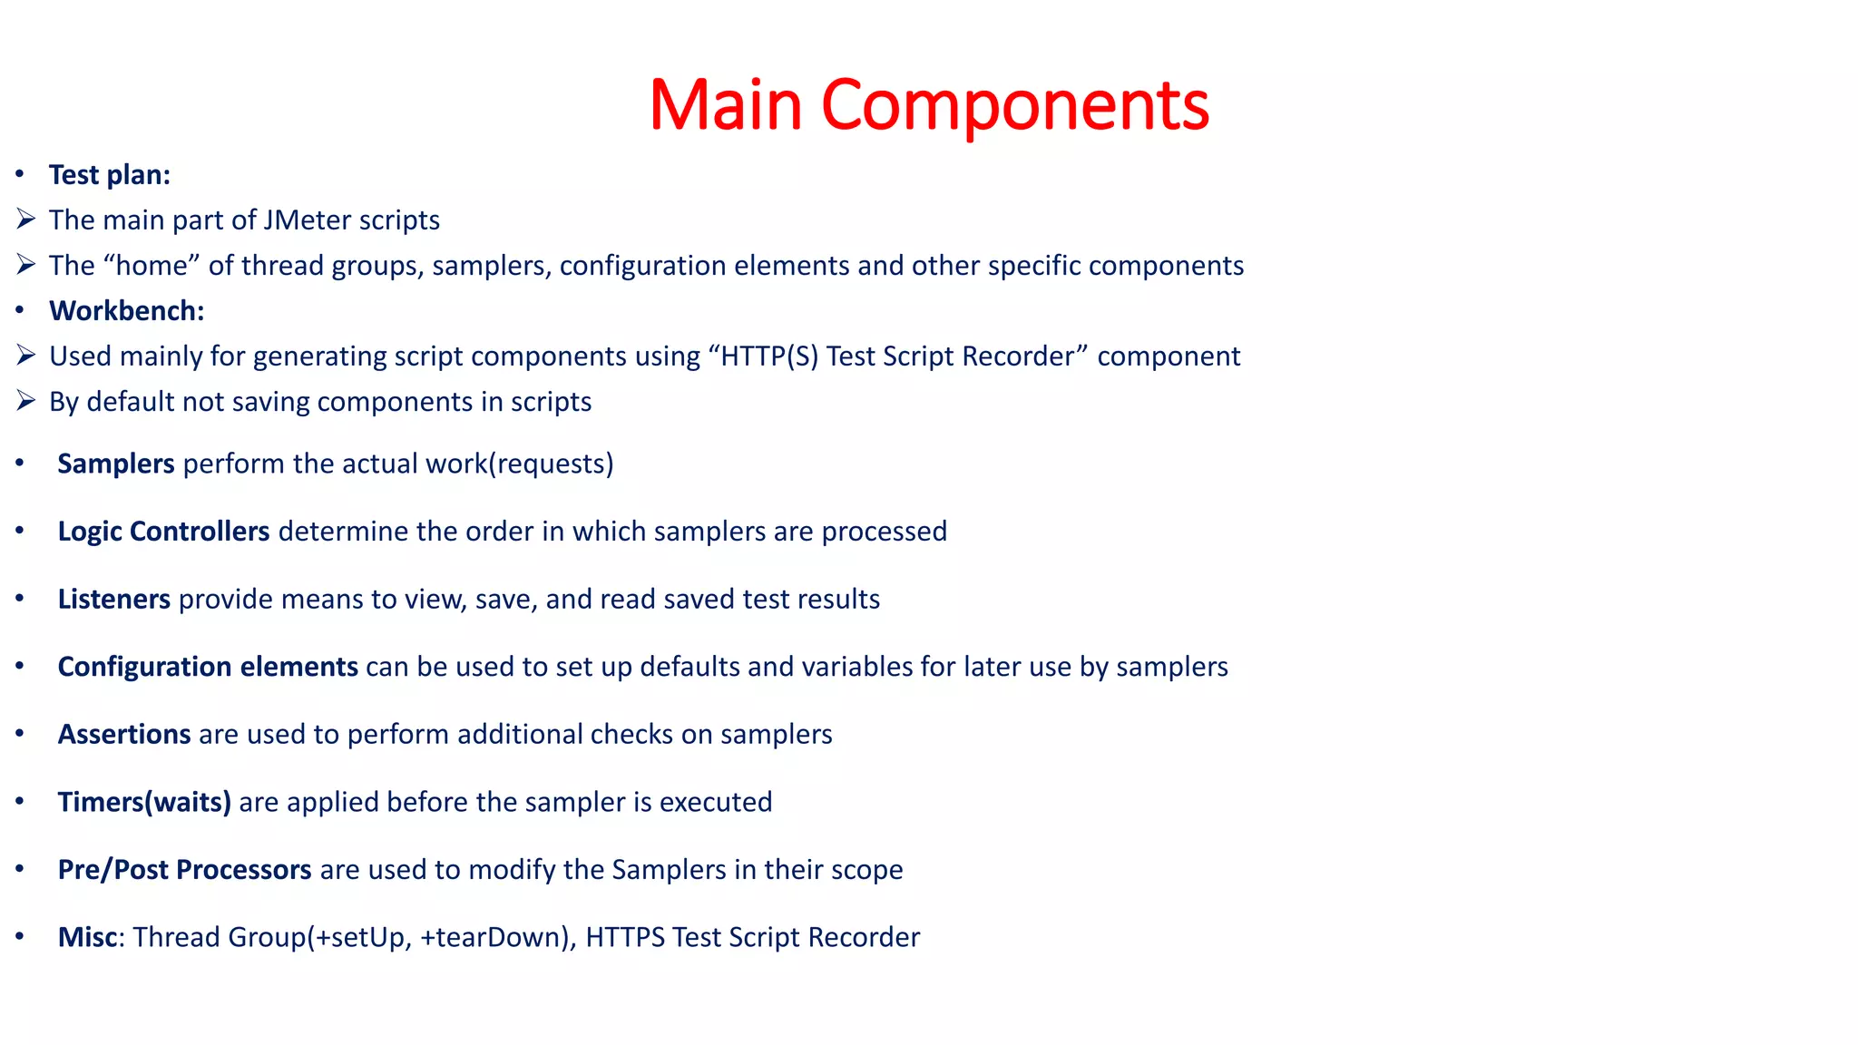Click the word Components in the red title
point(1014,105)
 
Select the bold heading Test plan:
point(110,175)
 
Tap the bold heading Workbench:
point(127,311)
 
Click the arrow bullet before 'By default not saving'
point(25,401)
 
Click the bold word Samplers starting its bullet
point(115,464)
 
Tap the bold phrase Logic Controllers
point(163,532)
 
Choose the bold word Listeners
point(113,600)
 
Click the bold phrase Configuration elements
point(208,667)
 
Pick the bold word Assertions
point(124,734)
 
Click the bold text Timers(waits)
point(144,802)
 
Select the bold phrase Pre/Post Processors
point(184,870)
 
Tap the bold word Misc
point(87,937)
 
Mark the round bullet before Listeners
point(20,599)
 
